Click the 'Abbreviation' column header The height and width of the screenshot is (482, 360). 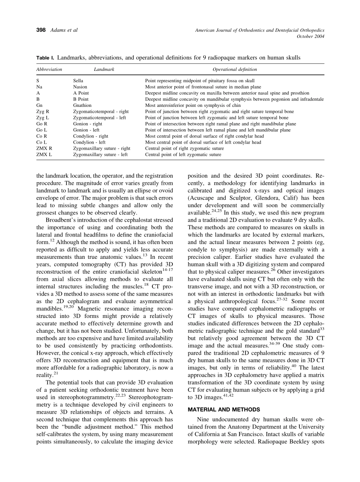pos(49,69)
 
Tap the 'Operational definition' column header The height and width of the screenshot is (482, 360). pos(235,69)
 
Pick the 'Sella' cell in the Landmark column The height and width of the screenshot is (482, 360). pos(78,81)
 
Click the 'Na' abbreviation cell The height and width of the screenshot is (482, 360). pos(39,87)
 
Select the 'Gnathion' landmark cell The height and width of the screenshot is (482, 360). pos(82,105)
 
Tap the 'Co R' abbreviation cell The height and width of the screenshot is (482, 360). pos(42,136)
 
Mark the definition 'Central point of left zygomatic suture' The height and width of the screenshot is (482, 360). pos(183,155)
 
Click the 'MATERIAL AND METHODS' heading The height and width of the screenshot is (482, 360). pos(224,410)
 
